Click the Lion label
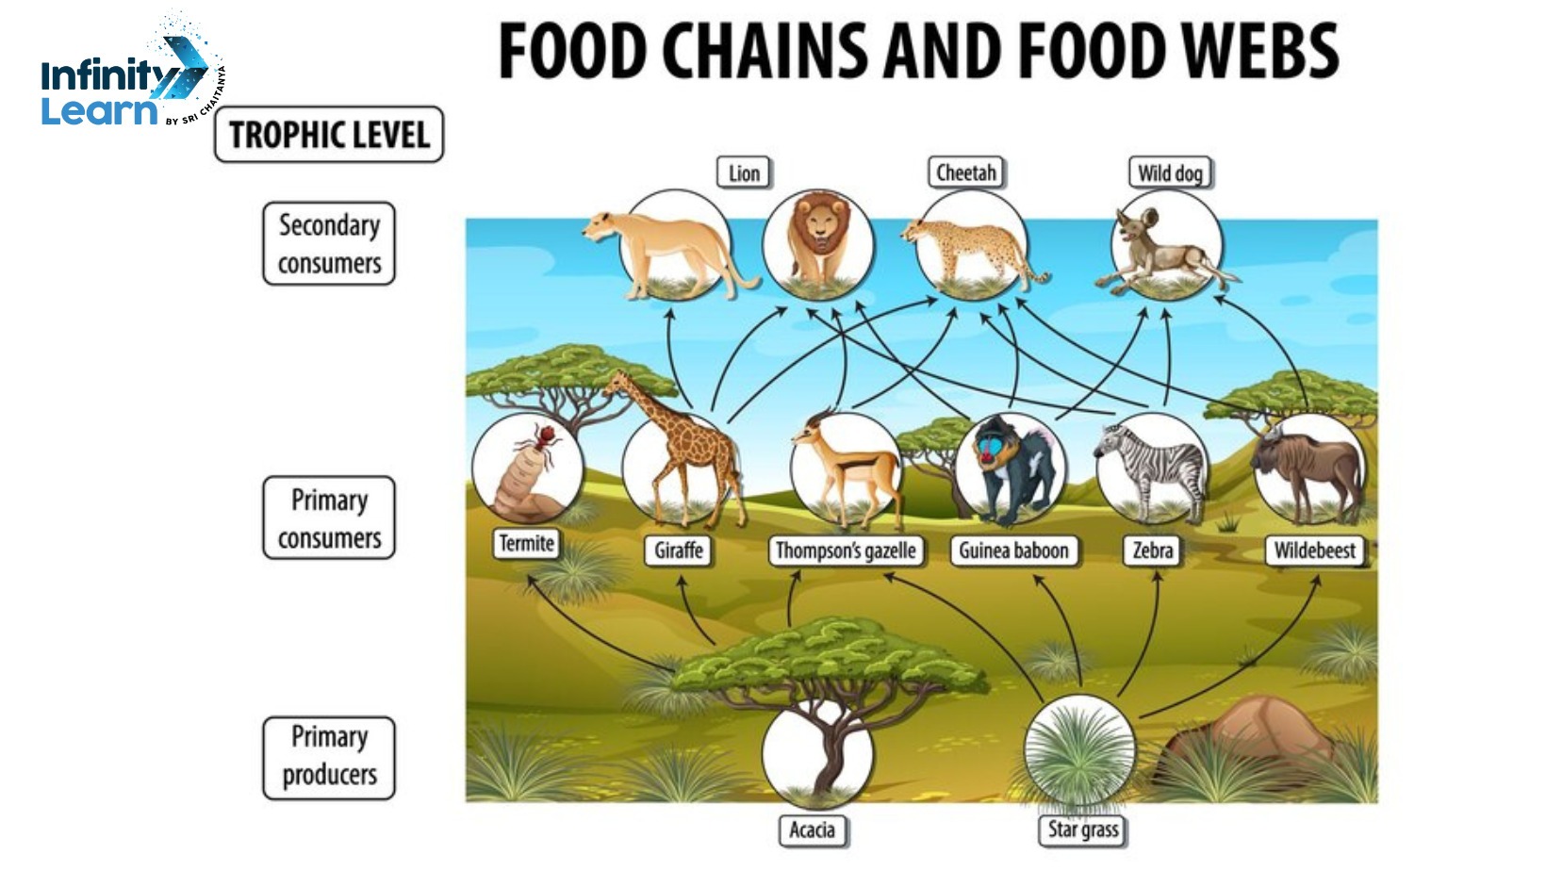pos(744,173)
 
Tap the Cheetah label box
pos(965,173)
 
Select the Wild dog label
pos(1169,173)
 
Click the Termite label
pos(526,544)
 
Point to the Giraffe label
pos(679,551)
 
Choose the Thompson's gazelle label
pos(845,551)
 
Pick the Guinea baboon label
pos(1013,551)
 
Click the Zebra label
pos(1153,551)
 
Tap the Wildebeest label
pos(1314,551)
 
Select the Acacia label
pos(812,830)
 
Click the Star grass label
pos(1083,830)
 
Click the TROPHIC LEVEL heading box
pos(329,135)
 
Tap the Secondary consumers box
pos(329,244)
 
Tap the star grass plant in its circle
pos(1078,750)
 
